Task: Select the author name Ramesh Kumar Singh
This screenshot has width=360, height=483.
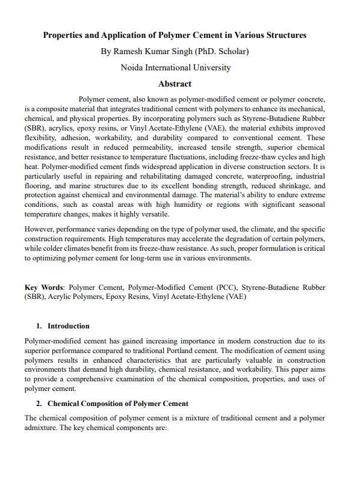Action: (159, 51)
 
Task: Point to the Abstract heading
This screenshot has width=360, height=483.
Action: (175, 84)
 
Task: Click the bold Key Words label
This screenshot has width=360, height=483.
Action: (45, 288)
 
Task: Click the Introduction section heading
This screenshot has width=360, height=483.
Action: (69, 326)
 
